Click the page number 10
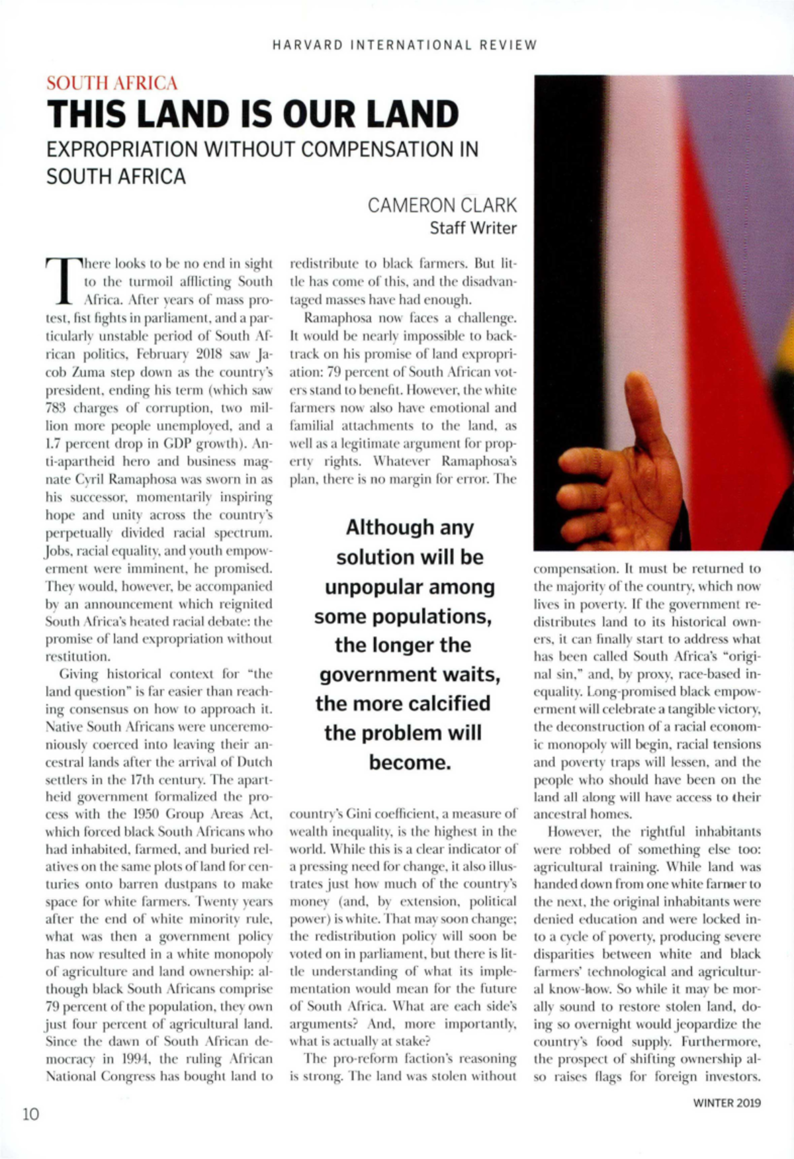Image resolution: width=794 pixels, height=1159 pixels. click(30, 1114)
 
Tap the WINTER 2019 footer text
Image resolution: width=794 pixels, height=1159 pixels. click(727, 1103)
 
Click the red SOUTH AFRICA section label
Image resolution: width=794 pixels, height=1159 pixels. click(112, 83)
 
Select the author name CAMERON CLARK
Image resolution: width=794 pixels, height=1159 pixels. click(442, 205)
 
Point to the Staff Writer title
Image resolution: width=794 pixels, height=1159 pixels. click(472, 228)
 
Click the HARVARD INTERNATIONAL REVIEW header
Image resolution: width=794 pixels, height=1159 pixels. click(404, 45)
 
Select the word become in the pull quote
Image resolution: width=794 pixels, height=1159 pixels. click(410, 763)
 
